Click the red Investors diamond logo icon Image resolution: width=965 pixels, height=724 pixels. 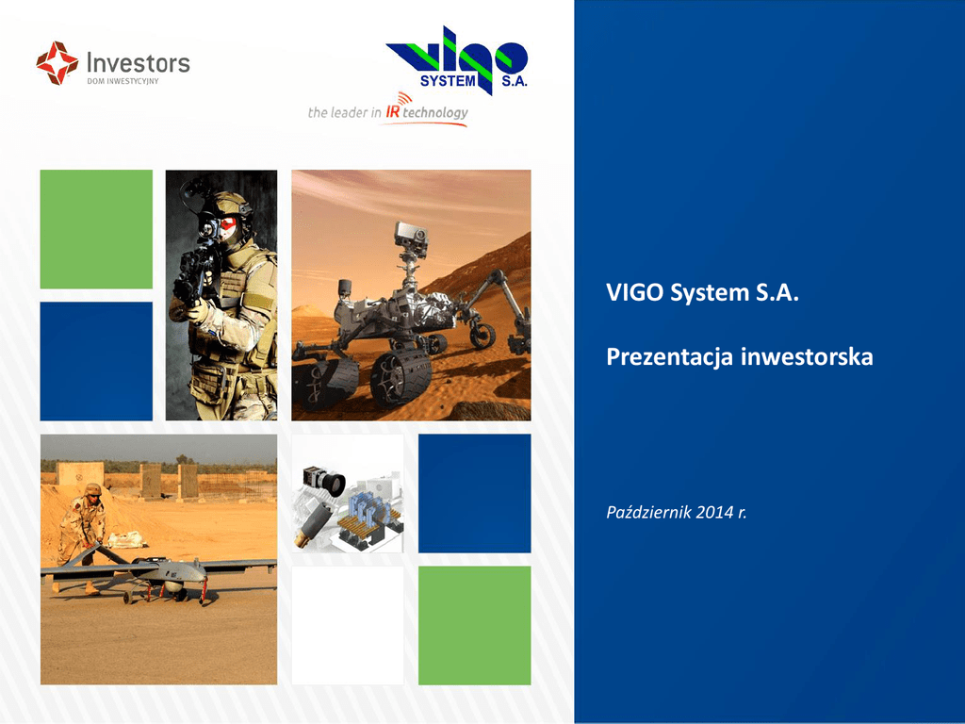click(x=57, y=63)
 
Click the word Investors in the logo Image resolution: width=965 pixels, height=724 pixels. click(x=139, y=63)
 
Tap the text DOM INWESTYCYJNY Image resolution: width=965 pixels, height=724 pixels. click(x=123, y=81)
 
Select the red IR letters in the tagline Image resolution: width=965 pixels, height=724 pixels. click(x=393, y=112)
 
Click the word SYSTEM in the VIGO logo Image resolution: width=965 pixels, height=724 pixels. click(x=448, y=81)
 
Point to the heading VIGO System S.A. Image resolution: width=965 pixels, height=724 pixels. click(x=702, y=292)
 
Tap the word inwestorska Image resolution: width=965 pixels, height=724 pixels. click(x=807, y=356)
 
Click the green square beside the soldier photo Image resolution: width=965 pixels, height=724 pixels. click(x=96, y=229)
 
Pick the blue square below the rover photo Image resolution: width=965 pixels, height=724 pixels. click(x=475, y=493)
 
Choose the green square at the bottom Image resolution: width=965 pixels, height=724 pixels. click(x=475, y=626)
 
